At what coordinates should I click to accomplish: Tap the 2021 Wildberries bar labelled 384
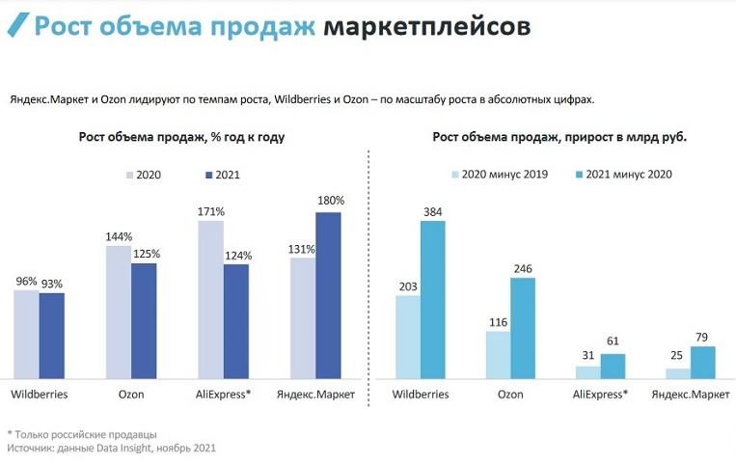tap(432, 299)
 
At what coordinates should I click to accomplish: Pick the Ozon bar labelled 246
tap(523, 328)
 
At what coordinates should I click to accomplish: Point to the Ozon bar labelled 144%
tap(118, 311)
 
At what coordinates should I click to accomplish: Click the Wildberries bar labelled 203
tap(408, 337)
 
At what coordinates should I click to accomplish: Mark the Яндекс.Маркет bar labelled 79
tap(703, 362)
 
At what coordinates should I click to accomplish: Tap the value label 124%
tap(236, 256)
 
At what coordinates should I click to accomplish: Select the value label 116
tap(498, 321)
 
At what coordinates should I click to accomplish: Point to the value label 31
tap(587, 356)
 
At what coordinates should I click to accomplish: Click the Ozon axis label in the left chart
tap(130, 395)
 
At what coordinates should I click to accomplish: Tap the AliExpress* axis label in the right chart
tap(600, 395)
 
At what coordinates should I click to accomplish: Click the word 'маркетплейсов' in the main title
tap(426, 26)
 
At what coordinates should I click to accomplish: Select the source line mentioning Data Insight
tap(111, 448)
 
